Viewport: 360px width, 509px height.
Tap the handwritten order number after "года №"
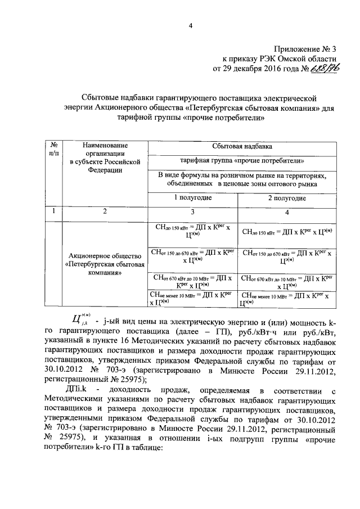click(x=328, y=69)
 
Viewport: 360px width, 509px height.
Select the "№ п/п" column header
click(x=54, y=150)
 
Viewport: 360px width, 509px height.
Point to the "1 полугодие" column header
click(x=192, y=198)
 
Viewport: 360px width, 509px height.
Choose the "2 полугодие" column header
click(x=287, y=198)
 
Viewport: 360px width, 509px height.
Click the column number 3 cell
click(x=192, y=211)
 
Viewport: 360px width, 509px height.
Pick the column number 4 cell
click(x=287, y=211)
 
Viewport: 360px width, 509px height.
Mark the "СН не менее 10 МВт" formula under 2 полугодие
click(x=287, y=299)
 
